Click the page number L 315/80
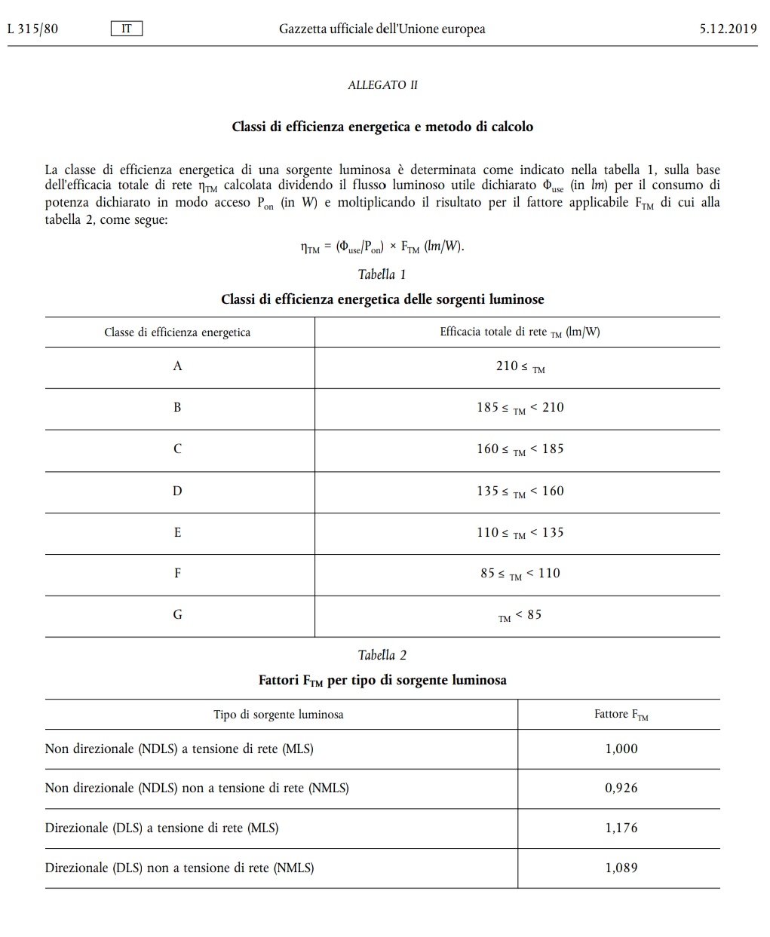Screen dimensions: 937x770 32,29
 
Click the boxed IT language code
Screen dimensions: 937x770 126,29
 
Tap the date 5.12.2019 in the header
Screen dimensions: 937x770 728,29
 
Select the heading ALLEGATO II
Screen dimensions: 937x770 382,85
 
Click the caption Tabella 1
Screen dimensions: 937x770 382,274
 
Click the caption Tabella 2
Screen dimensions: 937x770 382,655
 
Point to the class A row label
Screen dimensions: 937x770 177,366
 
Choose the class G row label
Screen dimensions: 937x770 177,614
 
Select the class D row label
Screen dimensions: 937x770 177,491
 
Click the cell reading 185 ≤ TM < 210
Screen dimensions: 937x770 520,408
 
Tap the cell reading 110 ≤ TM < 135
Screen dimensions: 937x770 520,533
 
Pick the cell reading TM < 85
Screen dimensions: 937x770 520,615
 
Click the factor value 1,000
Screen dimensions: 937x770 621,749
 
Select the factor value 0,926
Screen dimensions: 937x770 621,788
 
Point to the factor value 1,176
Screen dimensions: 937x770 621,828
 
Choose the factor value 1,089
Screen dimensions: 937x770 621,868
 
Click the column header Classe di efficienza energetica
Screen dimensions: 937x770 177,332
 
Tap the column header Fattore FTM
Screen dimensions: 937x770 621,715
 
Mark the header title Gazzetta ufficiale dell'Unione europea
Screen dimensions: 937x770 382,29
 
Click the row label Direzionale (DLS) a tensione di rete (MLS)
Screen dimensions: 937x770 161,828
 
